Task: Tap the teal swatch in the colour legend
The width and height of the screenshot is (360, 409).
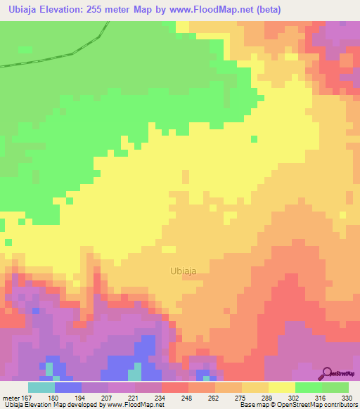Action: [x=41, y=388]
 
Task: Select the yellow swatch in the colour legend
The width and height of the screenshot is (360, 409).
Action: [x=281, y=388]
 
